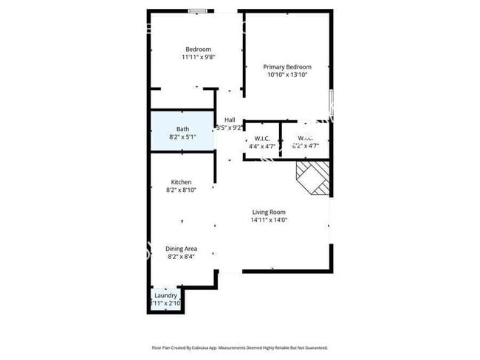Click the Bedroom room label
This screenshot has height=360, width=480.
pos(198,49)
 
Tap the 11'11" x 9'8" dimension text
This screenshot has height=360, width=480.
pos(198,58)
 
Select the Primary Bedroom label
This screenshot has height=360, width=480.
pos(287,66)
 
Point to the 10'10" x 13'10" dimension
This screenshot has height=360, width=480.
pos(287,75)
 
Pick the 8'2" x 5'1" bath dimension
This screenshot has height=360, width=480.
pos(182,137)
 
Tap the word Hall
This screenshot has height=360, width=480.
pos(230,120)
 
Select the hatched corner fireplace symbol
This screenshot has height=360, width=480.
pos(312,179)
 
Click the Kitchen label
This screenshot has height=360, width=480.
pos(182,182)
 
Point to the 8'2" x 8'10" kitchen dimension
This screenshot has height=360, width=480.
pos(182,190)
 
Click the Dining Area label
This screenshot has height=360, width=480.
pos(181,249)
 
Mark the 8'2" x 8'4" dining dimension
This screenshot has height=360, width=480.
pos(182,257)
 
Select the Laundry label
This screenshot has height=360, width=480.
pos(165,296)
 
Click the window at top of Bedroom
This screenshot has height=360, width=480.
pos(197,11)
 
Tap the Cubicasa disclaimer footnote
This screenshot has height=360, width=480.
pos(239,347)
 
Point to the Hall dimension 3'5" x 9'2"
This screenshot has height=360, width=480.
pos(230,128)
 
